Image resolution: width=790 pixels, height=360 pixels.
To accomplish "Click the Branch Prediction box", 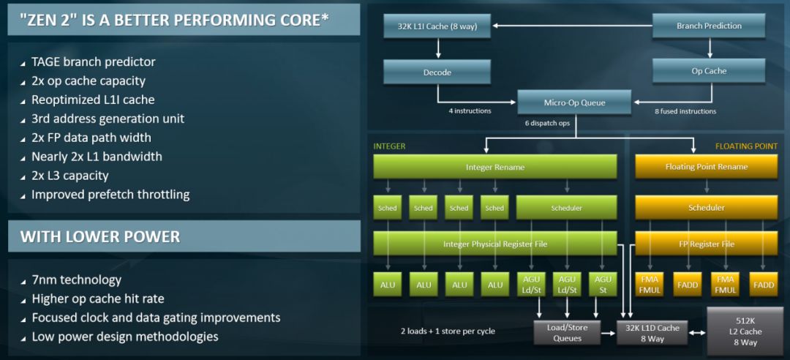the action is pos(708,26).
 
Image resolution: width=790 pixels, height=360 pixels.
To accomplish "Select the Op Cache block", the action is pos(708,71).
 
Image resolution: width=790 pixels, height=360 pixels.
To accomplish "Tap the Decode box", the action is pos(437,72).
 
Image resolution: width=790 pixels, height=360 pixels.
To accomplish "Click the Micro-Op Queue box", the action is pos(574,103).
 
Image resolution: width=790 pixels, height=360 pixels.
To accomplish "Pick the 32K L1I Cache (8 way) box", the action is pos(437,26).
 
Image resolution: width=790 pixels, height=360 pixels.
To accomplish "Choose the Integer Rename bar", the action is pos(494,167).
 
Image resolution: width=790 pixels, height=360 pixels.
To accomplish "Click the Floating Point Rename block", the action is pos(707,167).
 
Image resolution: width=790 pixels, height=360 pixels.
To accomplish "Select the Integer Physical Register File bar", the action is pos(494,244).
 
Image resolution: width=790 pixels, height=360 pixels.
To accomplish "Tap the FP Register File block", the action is pos(707,244).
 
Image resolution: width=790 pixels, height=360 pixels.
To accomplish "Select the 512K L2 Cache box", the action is pos(745,331).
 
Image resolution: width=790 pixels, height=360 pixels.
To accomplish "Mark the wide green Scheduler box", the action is pos(566,208).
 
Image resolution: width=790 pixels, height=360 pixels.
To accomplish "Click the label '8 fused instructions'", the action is pos(685,111).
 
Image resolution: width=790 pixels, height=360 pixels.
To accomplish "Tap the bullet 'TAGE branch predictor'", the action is pos(93,62).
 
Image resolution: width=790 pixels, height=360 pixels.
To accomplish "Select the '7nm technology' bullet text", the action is pos(77,280).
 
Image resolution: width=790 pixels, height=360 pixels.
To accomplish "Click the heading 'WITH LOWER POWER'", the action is pos(100,237).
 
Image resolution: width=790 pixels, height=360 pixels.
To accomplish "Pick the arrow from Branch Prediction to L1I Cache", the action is pos(572,26).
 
